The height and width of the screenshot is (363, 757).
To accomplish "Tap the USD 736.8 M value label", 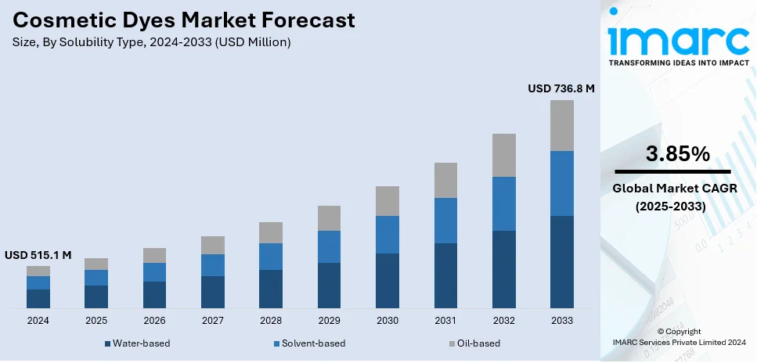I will (x=561, y=89).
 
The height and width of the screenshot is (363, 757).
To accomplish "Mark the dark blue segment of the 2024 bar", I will (x=38, y=298).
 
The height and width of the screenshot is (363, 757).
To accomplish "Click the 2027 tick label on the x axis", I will (x=212, y=321).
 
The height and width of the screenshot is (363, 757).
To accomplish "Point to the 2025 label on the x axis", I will (x=96, y=321).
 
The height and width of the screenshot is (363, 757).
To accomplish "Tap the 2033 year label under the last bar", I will (x=561, y=321).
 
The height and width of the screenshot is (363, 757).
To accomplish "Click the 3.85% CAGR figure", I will (x=678, y=154).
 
